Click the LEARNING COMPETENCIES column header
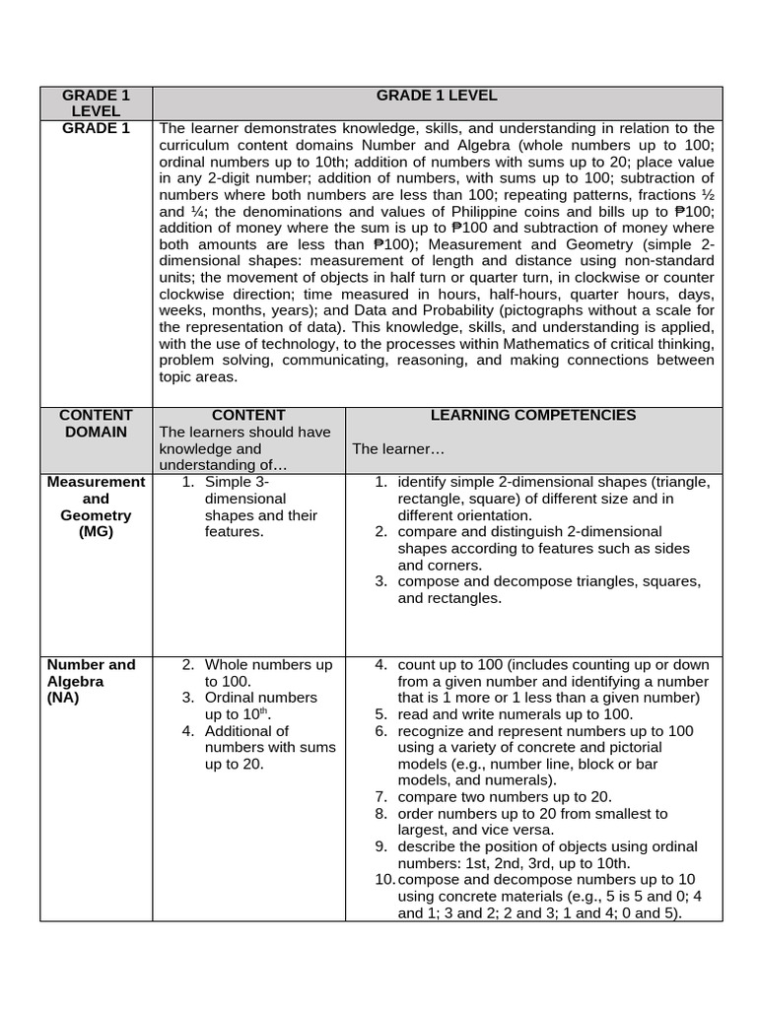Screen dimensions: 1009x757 [533, 415]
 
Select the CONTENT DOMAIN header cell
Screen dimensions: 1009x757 [96, 424]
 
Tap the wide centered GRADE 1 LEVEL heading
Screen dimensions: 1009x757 [437, 96]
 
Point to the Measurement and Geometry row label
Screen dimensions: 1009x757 [96, 499]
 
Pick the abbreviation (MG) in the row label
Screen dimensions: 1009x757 [96, 532]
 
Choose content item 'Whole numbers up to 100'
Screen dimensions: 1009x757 [268, 673]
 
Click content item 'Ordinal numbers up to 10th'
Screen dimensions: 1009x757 [261, 706]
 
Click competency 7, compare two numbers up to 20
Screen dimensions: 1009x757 [505, 796]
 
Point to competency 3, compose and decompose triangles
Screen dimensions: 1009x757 [548, 589]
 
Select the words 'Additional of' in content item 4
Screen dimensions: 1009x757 [246, 731]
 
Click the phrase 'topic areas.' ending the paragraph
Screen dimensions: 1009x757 [198, 376]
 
